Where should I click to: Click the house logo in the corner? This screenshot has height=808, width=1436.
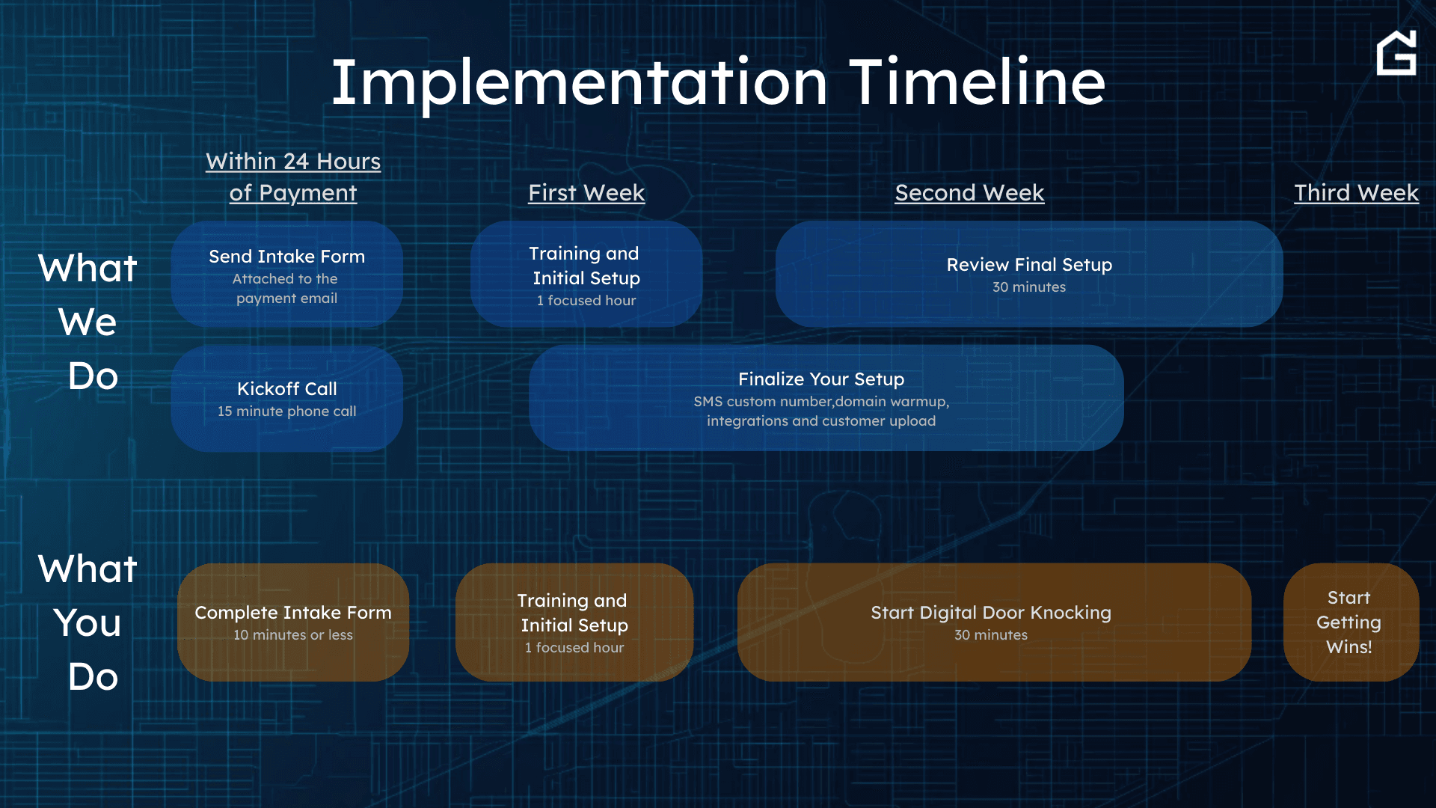(1396, 52)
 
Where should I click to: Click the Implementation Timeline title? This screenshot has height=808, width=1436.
(718, 82)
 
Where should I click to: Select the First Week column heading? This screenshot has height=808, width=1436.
(586, 193)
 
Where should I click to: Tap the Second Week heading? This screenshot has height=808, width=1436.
(969, 193)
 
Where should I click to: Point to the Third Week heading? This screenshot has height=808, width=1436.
(1356, 193)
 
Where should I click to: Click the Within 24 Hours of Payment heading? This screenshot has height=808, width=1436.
(293, 177)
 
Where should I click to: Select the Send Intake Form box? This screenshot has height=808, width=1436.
(287, 274)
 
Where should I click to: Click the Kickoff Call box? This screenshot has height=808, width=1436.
(287, 398)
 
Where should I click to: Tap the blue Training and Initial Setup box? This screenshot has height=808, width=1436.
(586, 274)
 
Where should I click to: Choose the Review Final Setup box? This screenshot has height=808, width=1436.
(1029, 274)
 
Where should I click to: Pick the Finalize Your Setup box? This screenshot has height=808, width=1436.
(826, 398)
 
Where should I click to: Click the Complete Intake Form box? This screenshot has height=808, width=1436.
(293, 622)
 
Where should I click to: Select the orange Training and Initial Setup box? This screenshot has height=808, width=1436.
(574, 622)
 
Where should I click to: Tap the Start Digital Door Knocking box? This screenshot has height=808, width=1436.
(994, 622)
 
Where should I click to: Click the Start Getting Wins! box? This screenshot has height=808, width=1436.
(1351, 622)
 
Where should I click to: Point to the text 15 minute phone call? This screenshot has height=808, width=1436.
(287, 411)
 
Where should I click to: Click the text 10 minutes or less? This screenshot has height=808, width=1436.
(293, 635)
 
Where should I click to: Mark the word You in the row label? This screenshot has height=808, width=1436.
(88, 622)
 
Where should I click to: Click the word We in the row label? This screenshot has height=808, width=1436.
(88, 322)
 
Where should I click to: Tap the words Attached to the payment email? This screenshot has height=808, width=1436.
(286, 289)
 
